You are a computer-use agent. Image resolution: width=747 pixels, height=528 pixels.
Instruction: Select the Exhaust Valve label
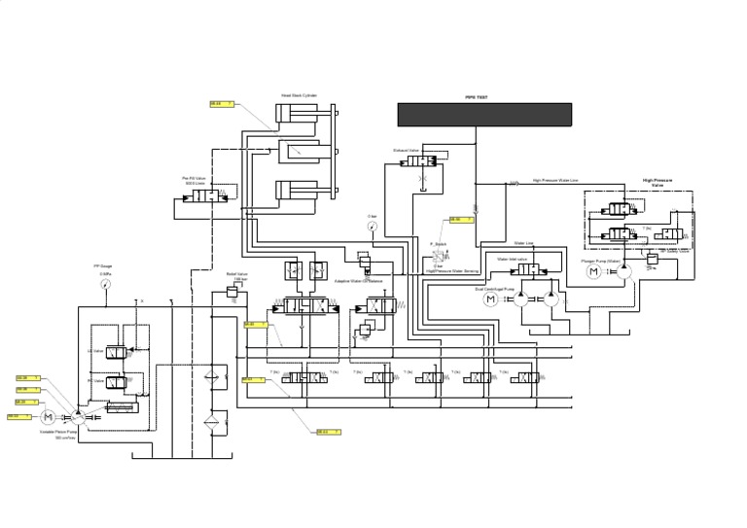pos(406,151)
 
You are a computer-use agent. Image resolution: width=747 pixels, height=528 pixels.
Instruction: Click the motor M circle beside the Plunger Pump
pos(594,272)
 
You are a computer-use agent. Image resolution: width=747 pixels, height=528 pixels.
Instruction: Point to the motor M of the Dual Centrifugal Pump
pos(491,299)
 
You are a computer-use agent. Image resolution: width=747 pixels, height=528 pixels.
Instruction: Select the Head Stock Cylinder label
pos(299,95)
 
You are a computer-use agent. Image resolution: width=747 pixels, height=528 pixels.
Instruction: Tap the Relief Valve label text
pos(236,274)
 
